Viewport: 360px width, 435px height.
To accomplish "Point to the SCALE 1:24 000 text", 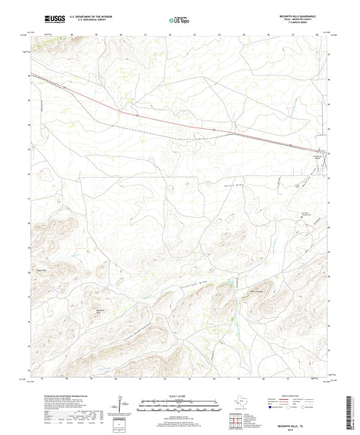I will pyautogui.click(x=179, y=396).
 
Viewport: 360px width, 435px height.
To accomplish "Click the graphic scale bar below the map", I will pyautogui.click(x=179, y=407).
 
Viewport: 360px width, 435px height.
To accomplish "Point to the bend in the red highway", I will pyautogui.click(x=233, y=132).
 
